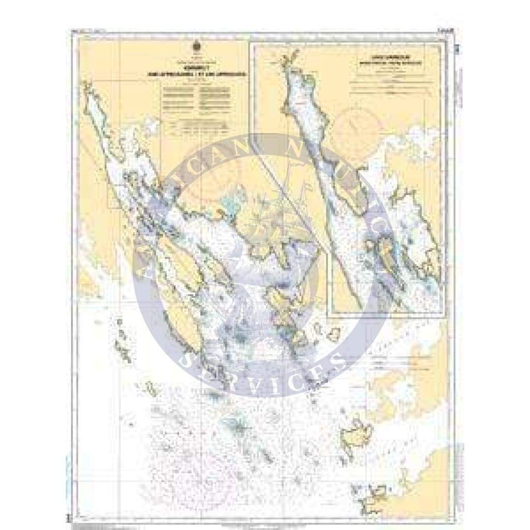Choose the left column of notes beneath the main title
coord(176,97)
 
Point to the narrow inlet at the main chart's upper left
coord(104,124)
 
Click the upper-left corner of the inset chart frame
coord(250,43)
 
